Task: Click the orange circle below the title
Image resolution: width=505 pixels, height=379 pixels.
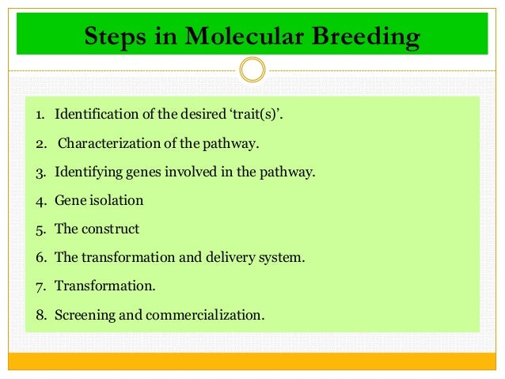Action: pyautogui.click(x=252, y=70)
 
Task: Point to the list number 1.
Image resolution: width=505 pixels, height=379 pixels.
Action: pyautogui.click(x=40, y=116)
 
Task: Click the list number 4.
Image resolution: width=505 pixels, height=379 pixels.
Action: pyautogui.click(x=40, y=201)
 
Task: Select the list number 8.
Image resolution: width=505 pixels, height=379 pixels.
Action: pyautogui.click(x=40, y=315)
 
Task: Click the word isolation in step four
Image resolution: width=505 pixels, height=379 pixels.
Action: pyautogui.click(x=116, y=201)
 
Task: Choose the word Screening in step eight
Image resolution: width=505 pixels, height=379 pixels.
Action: pyautogui.click(x=82, y=315)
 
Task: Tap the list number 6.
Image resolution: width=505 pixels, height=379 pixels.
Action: pyautogui.click(x=40, y=258)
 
